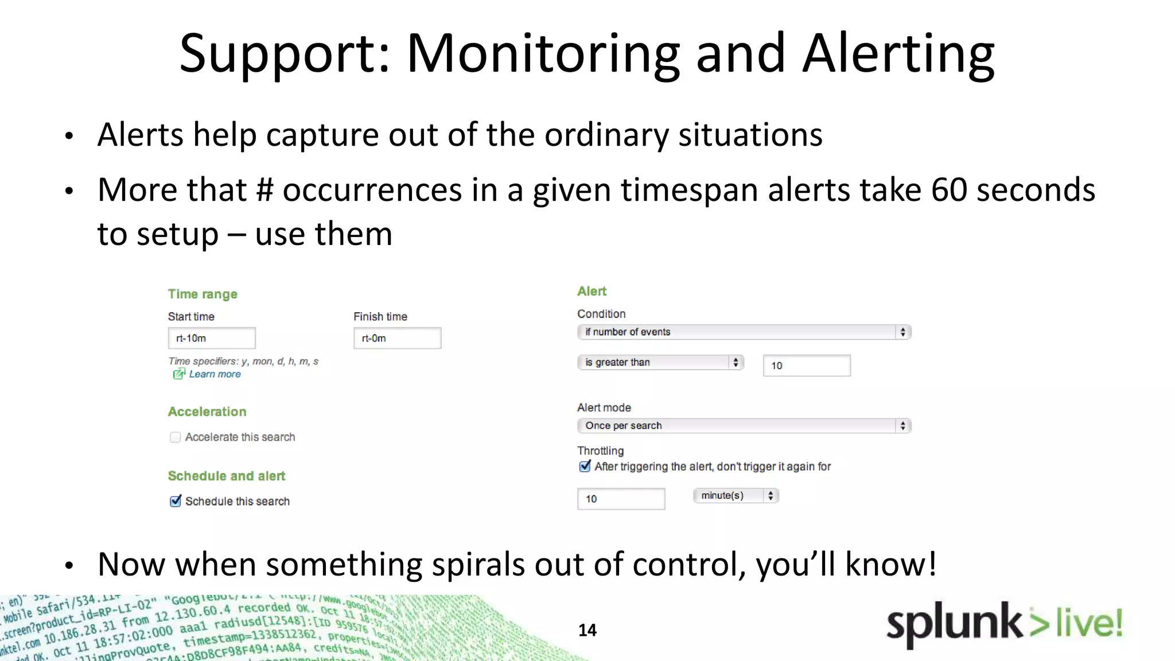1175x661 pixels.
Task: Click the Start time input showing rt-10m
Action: [x=211, y=338]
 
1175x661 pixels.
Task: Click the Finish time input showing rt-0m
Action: [x=397, y=338]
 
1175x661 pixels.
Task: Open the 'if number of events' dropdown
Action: [x=744, y=332]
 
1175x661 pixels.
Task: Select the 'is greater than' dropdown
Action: [x=660, y=362]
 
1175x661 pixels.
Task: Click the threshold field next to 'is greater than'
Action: [x=806, y=366]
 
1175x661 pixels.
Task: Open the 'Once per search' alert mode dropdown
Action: [x=744, y=426]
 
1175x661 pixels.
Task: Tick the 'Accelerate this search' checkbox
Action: [x=176, y=437]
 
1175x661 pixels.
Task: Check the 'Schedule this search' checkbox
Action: [x=176, y=501]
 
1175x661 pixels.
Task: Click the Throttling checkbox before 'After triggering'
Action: [x=585, y=466]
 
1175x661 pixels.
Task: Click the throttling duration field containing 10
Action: [x=621, y=499]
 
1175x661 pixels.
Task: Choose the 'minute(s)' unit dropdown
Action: [x=736, y=495]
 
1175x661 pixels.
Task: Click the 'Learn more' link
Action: [x=215, y=374]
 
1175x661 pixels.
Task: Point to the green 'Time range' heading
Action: [x=203, y=294]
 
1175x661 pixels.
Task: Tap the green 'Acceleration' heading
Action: [x=207, y=411]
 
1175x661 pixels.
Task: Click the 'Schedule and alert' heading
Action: [x=227, y=476]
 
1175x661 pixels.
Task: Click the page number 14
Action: [x=587, y=630]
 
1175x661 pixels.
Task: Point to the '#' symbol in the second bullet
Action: [x=264, y=190]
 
